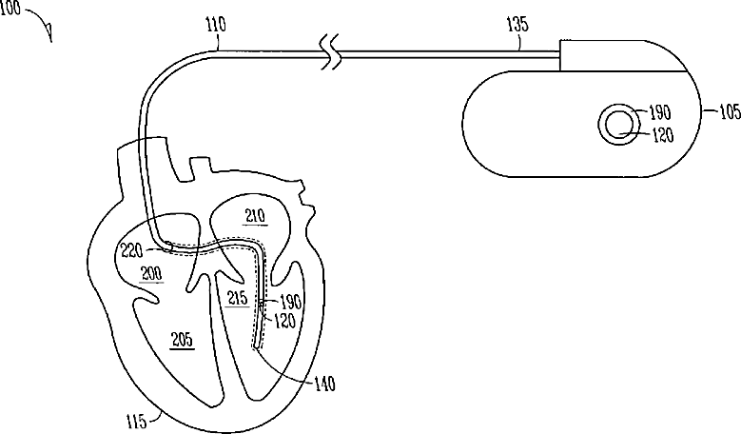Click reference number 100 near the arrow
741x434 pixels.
click(x=10, y=9)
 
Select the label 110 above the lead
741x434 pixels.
click(x=216, y=24)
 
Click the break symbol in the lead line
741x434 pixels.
click(x=331, y=53)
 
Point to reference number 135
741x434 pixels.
click(x=517, y=24)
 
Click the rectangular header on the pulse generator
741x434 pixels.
click(x=622, y=56)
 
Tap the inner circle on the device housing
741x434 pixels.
click(x=619, y=125)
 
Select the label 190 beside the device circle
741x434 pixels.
click(x=660, y=112)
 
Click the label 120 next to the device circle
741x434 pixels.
click(x=663, y=136)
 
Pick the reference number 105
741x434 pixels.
click(x=730, y=111)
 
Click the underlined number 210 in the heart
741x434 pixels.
click(x=255, y=217)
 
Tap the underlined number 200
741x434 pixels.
click(x=151, y=274)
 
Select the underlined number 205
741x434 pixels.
click(x=183, y=340)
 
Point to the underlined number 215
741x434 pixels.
click(x=237, y=298)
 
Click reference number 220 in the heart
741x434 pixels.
click(x=132, y=250)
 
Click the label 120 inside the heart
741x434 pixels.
click(x=284, y=321)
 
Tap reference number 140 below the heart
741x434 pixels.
click(x=324, y=383)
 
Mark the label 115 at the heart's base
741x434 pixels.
click(x=137, y=421)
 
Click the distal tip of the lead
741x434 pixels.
click(x=256, y=346)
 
